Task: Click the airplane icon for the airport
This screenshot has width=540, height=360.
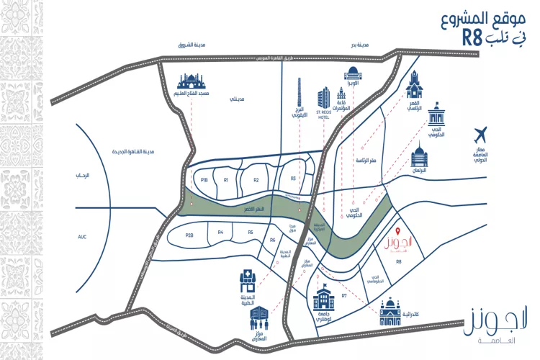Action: pos(481,134)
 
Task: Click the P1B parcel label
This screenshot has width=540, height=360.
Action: pos(204,180)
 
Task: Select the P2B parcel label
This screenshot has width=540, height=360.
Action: pos(189,235)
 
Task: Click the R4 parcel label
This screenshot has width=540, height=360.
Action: pos(221,232)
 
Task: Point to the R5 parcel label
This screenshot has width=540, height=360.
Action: pos(251,232)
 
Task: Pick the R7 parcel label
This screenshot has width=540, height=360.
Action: pos(344,295)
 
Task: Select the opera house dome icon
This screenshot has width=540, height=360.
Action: pos(354,74)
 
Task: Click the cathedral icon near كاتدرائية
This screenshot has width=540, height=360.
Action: pos(390,311)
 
